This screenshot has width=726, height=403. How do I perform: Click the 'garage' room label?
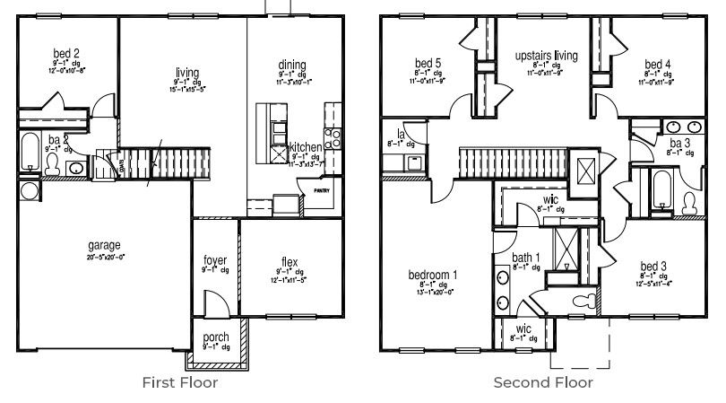coord(104,245)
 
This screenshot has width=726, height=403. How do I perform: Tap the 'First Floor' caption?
coord(179,382)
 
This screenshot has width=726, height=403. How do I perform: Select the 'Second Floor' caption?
coord(542,382)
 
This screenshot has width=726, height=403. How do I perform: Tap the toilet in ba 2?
coord(52,164)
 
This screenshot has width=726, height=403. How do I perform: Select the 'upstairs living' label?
coord(546,56)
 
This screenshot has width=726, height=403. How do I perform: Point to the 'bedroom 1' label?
coord(434,275)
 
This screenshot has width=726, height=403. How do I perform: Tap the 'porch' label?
coord(216,337)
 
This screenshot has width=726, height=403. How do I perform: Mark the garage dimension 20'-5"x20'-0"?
coord(104,256)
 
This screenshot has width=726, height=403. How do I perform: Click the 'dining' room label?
coord(292,65)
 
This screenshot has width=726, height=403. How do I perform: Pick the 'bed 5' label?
coord(428,63)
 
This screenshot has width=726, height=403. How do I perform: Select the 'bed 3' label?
coord(653,267)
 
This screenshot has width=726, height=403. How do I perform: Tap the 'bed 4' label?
coord(657,64)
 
